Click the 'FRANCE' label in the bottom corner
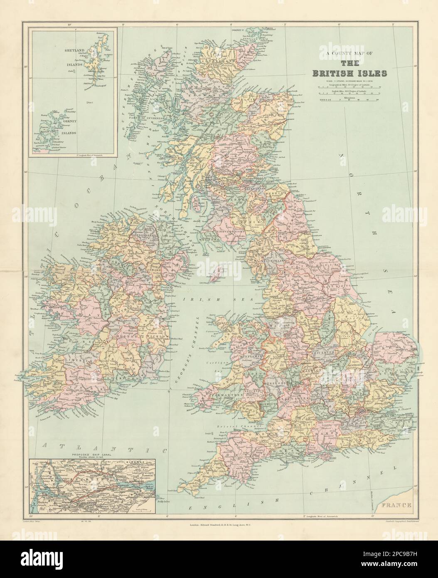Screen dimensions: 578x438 (397, 505)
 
